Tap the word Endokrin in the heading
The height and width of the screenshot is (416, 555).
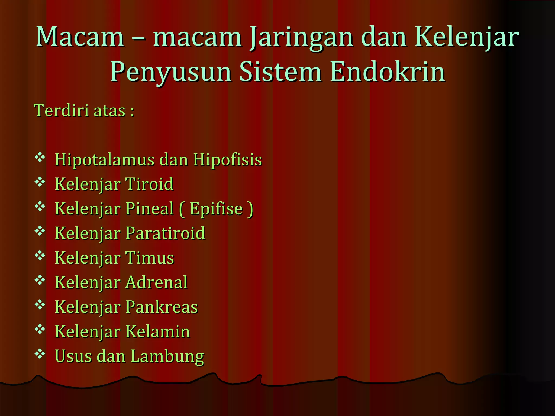pyautogui.click(x=388, y=72)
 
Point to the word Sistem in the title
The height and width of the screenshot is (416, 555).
pyautogui.click(x=280, y=72)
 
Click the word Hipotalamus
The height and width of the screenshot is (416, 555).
pyautogui.click(x=105, y=160)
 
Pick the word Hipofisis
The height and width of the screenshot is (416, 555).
pyautogui.click(x=227, y=160)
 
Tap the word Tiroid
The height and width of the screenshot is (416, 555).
pyautogui.click(x=149, y=184)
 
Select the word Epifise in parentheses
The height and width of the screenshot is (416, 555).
pyautogui.click(x=216, y=209)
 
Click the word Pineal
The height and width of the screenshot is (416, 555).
pyautogui.click(x=149, y=209)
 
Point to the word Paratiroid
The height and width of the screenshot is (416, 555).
pyautogui.click(x=165, y=233)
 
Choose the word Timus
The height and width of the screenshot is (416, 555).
pyautogui.click(x=150, y=258)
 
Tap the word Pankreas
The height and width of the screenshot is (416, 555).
pyautogui.click(x=162, y=307)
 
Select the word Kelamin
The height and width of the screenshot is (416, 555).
pyautogui.click(x=157, y=331)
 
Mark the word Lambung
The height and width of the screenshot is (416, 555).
pyautogui.click(x=167, y=357)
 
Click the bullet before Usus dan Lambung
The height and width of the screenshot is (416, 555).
pyautogui.click(x=40, y=353)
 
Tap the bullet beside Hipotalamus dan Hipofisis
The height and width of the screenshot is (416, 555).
pyautogui.click(x=40, y=157)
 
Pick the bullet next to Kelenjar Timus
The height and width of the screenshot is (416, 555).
pyautogui.click(x=40, y=255)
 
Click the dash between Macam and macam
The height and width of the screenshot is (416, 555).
pyautogui.click(x=138, y=38)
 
